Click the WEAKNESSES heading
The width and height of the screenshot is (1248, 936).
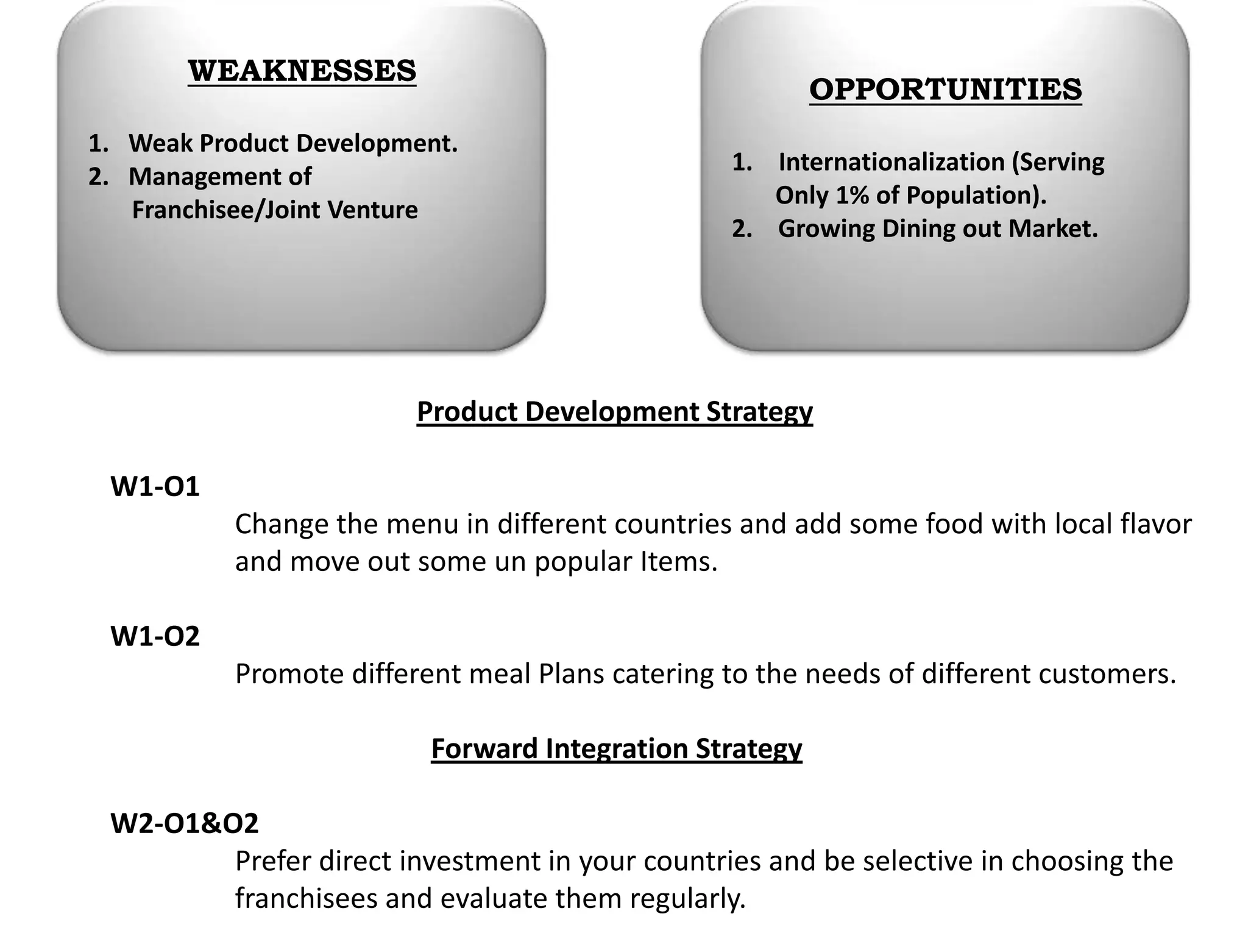(302, 71)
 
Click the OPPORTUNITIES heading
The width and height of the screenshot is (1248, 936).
(945, 90)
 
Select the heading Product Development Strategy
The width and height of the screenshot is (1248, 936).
(614, 412)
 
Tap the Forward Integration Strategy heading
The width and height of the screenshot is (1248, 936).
(616, 749)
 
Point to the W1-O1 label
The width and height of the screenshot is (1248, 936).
(155, 487)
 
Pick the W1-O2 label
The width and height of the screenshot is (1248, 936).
(155, 636)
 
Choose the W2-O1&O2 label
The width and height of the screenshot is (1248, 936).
(184, 823)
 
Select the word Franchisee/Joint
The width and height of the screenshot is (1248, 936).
(226, 210)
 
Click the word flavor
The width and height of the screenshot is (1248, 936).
(1156, 524)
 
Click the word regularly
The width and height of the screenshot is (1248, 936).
(687, 899)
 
